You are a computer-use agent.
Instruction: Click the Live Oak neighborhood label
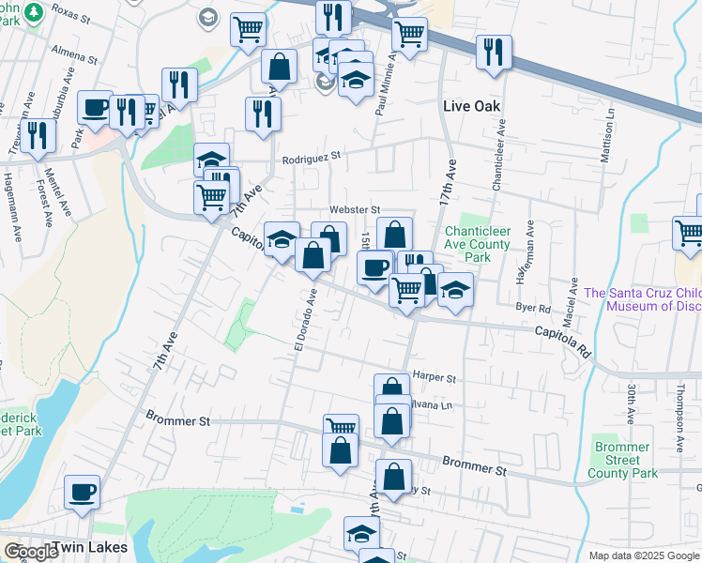coord(472,107)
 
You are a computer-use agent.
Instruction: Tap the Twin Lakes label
coord(87,547)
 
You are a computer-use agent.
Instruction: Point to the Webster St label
coord(354,209)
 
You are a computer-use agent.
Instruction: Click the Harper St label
coord(434,378)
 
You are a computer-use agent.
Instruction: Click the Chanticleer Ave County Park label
coord(478,244)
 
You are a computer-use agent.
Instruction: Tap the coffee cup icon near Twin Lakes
coord(82,492)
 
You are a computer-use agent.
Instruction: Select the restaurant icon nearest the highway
coord(493,53)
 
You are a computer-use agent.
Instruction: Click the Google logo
coord(31,552)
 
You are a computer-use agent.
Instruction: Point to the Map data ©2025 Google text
coord(643,555)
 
